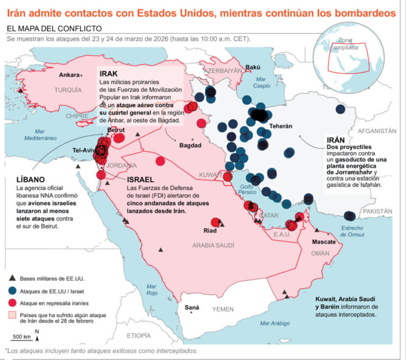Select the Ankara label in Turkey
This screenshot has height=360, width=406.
[x=69, y=75]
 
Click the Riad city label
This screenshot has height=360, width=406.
[x=210, y=230]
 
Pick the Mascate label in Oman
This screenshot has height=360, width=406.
[x=324, y=242]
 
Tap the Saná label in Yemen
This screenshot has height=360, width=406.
[x=191, y=308]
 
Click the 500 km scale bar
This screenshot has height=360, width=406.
[x=22, y=340]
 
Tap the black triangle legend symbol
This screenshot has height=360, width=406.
[x=12, y=279]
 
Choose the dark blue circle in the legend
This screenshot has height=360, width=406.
[x=12, y=291]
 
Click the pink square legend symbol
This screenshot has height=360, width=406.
[x=12, y=316]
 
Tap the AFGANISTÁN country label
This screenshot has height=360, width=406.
[x=376, y=130]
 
